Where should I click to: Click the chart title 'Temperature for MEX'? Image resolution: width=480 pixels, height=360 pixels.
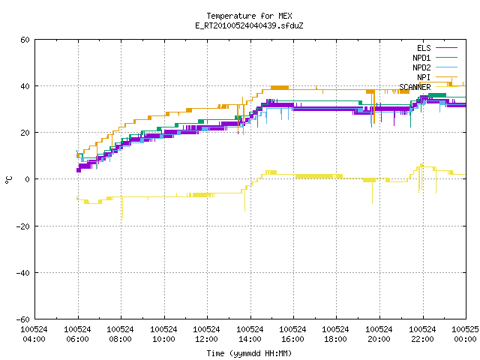click(x=249, y=16)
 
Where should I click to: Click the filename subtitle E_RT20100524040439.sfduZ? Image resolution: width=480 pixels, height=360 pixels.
click(x=249, y=25)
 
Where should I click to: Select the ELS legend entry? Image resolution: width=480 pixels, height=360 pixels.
click(x=436, y=48)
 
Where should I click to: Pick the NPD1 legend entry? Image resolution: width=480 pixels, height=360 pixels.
click(x=435, y=58)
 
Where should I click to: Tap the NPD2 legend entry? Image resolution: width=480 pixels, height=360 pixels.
click(x=435, y=67)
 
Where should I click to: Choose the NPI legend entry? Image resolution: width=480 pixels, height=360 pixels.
click(x=436, y=77)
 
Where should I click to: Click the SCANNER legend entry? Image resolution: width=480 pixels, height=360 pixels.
click(x=428, y=87)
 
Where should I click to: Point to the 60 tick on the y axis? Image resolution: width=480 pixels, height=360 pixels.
click(x=25, y=40)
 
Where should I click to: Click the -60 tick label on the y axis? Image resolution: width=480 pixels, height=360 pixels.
click(x=23, y=319)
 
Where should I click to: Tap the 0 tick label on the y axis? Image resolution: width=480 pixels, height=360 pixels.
click(x=28, y=179)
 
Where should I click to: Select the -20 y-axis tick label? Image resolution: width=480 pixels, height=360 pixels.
click(x=23, y=226)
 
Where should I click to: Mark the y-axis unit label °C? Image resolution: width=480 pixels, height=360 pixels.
click(x=8, y=180)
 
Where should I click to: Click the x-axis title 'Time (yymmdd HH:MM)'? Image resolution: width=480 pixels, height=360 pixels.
click(x=249, y=353)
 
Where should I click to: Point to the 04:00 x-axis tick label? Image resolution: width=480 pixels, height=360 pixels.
click(x=34, y=334)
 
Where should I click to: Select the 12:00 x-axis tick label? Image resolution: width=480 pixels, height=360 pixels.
click(x=206, y=334)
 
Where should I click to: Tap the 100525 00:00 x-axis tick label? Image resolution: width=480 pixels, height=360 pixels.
click(x=465, y=334)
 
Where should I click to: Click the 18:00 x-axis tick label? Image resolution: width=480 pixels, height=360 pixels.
click(x=335, y=334)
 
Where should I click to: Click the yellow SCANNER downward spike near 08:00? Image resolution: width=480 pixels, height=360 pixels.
click(x=122, y=208)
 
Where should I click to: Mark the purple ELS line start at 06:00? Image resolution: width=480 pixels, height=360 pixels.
click(x=78, y=170)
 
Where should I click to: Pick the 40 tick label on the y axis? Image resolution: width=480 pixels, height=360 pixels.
click(x=25, y=86)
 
